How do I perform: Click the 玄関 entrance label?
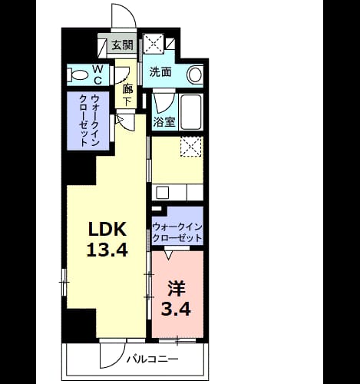[x=123, y=45]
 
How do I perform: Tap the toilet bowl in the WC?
[x=78, y=75]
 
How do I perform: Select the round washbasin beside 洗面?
[x=195, y=74]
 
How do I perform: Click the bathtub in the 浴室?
[x=190, y=112]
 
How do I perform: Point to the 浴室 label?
[x=164, y=121]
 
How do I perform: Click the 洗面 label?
[x=160, y=72]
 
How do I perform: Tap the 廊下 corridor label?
[x=127, y=96]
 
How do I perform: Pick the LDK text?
[x=107, y=229]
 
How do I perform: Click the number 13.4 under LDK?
[x=107, y=250]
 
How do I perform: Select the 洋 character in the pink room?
[x=177, y=289]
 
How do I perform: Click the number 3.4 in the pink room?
[x=176, y=310]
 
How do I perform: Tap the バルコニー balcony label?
[x=153, y=359]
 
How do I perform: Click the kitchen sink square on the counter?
[x=163, y=193]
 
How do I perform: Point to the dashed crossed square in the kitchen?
[x=191, y=146]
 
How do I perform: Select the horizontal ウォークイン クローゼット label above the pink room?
[x=177, y=233]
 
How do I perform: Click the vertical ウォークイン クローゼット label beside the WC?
[x=89, y=121]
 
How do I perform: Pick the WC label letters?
[x=97, y=74]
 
